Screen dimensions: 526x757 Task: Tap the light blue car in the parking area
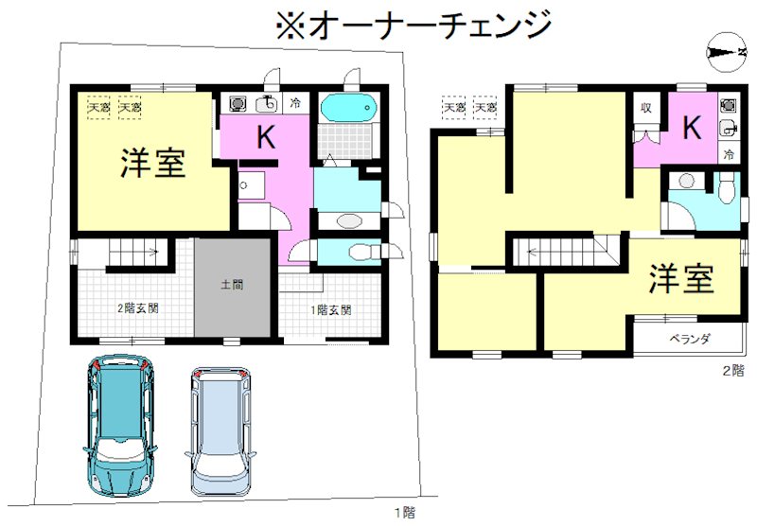[220, 431]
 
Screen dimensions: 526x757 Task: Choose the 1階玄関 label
[331, 308]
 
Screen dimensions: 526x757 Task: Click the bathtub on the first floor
[349, 109]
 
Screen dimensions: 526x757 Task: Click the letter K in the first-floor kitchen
[266, 138]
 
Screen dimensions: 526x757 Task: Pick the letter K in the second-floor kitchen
[692, 128]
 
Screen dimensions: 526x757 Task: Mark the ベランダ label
[690, 339]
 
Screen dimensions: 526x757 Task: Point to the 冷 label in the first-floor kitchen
[296, 102]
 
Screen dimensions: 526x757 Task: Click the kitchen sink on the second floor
[727, 129]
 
